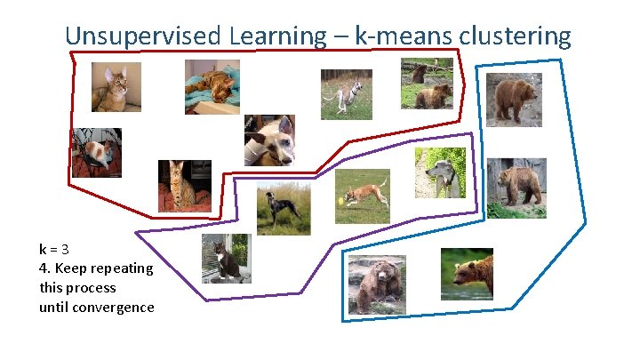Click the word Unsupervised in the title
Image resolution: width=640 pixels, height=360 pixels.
pos(144,36)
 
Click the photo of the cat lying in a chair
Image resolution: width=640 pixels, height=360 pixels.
pos(96,153)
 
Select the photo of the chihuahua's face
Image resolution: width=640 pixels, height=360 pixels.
pos(268,140)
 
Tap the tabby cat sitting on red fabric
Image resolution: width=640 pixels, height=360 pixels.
pos(184,185)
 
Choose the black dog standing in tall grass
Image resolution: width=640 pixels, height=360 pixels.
pos(283,211)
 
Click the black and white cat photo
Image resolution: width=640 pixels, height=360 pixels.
pos(226,259)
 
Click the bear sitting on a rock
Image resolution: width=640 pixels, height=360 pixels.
pos(377,284)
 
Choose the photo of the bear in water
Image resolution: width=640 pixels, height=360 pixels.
pos(467,273)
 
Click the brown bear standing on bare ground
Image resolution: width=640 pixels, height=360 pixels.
pos(514,99)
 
